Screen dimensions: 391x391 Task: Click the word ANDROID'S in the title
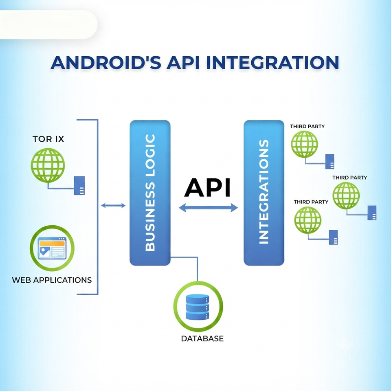tap(106, 62)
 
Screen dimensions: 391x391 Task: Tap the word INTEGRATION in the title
tap(272, 62)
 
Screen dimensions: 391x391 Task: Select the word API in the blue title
tap(184, 62)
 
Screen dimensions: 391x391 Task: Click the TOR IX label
tap(48, 139)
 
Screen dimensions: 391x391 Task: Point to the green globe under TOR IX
tap(48, 165)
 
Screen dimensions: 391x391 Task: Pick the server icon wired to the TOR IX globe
tap(79, 186)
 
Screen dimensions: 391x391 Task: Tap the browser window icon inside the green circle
tap(52, 248)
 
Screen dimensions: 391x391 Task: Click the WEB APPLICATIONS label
tap(52, 280)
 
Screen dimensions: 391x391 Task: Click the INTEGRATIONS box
tap(264, 193)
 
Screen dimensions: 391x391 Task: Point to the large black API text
tap(207, 187)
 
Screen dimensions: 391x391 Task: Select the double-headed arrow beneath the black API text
tap(209, 207)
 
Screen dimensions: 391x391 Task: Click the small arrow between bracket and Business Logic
tap(113, 205)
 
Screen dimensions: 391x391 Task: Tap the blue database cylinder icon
tap(198, 307)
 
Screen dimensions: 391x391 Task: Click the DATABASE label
tap(202, 338)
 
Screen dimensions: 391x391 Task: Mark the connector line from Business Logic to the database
tap(197, 257)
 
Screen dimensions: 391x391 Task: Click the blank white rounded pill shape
tap(48, 24)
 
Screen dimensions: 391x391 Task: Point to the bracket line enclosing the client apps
tap(97, 207)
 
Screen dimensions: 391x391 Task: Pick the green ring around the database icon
tap(198, 283)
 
